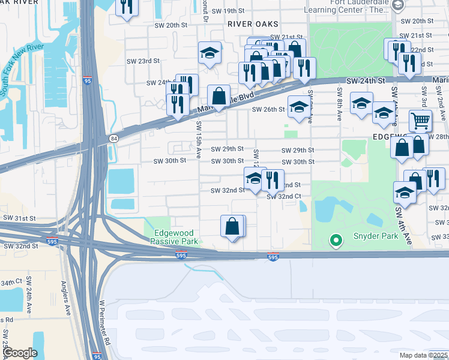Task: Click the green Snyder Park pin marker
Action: click(336, 241)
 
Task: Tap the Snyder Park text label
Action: click(376, 236)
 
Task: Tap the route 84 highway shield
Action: click(113, 138)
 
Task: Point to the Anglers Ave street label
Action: click(64, 300)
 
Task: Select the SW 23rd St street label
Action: click(143, 61)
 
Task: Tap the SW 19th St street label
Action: click(222, 11)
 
